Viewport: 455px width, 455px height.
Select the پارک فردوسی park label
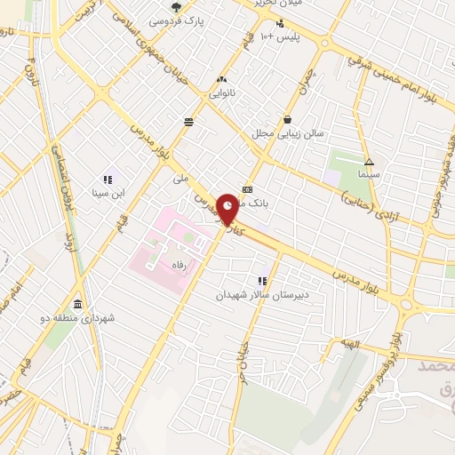(175, 19)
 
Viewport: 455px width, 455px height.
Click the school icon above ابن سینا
(108, 179)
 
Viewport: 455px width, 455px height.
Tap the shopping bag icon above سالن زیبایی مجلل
(287, 119)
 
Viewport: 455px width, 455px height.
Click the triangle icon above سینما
(368, 162)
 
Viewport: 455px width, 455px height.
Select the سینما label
(368, 175)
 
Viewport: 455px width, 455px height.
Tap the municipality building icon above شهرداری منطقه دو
(77, 305)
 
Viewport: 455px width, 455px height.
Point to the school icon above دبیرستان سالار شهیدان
(262, 281)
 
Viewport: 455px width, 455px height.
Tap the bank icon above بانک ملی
(247, 189)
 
